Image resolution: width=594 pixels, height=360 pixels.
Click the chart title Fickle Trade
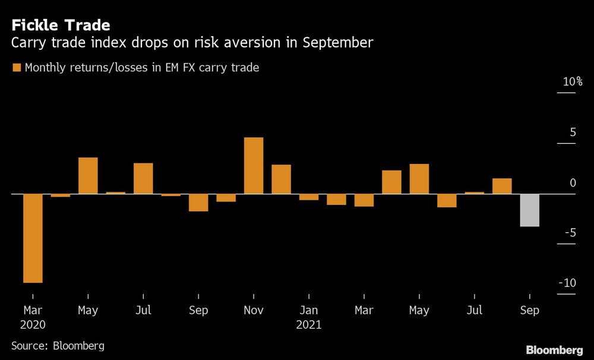(x=60, y=26)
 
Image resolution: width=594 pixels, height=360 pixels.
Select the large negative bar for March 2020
(x=33, y=238)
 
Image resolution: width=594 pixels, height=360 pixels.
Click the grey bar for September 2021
(x=529, y=210)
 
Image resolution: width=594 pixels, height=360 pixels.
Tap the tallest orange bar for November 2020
(x=254, y=166)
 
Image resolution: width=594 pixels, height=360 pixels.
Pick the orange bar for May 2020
(x=88, y=176)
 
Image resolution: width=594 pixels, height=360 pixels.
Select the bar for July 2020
(x=143, y=178)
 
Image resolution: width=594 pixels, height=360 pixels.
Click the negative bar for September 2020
(x=198, y=203)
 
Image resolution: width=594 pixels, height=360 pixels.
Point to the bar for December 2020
(x=281, y=179)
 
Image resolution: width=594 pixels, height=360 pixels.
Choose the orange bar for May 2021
(x=419, y=179)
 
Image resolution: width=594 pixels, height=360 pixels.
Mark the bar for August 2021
(x=502, y=186)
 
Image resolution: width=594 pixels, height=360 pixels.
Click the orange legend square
(x=16, y=68)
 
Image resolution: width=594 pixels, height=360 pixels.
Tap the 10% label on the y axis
(x=573, y=82)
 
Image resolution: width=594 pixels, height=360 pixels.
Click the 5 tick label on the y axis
(x=573, y=132)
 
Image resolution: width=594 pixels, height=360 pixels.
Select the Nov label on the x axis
(x=254, y=310)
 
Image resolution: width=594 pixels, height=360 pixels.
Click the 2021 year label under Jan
(x=309, y=325)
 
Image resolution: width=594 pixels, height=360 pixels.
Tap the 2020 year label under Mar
(x=33, y=325)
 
